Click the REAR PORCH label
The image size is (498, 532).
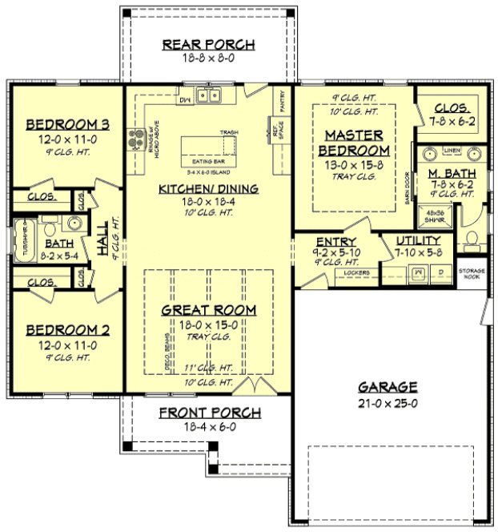coord(208,44)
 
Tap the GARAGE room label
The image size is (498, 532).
coord(388,385)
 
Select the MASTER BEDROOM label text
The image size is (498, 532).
coord(354,143)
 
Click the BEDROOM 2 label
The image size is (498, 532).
coord(67,329)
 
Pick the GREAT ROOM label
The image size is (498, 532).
coord(208,309)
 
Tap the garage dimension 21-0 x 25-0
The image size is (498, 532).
coord(388,403)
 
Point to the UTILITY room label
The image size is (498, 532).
coord(418,240)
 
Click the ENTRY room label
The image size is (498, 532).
coord(336,241)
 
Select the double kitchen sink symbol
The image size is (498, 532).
coord(209,97)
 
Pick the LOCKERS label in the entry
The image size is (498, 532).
coord(357,273)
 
